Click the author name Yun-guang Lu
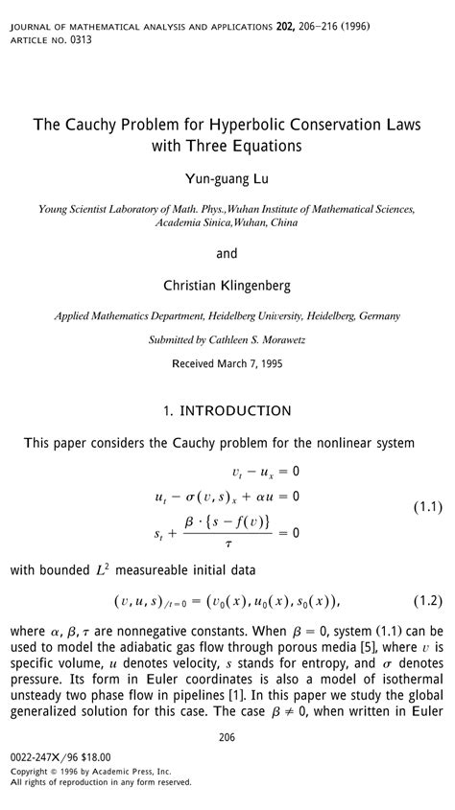point(227,178)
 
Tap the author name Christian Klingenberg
point(227,285)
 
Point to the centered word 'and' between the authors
point(227,254)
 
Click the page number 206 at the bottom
point(227,736)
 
